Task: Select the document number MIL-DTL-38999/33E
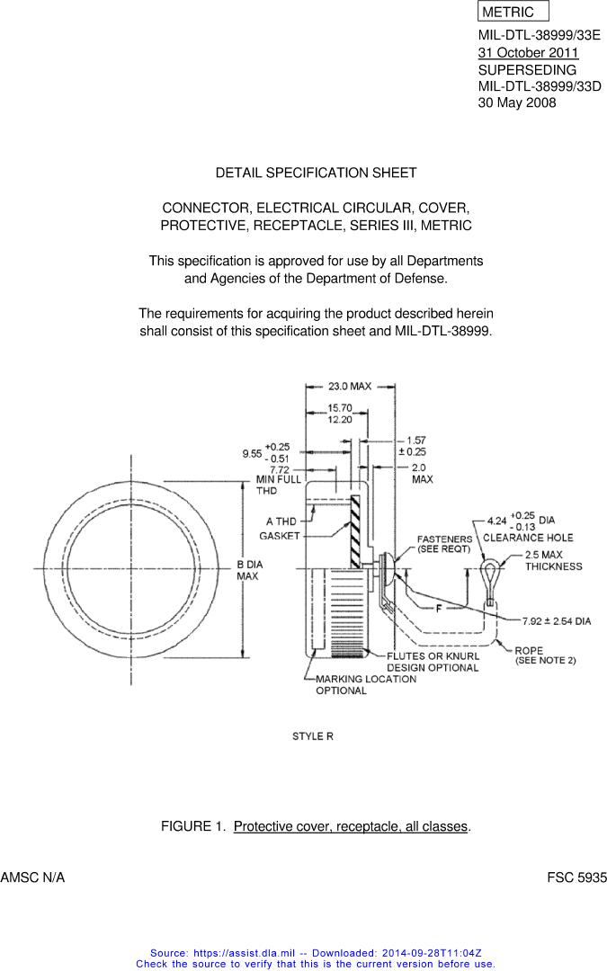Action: pyautogui.click(x=539, y=36)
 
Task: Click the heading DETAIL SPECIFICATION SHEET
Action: pyautogui.click(x=316, y=173)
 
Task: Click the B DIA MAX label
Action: pyautogui.click(x=247, y=569)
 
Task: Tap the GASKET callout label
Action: pyautogui.click(x=279, y=536)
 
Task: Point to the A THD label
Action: pyautogui.click(x=281, y=521)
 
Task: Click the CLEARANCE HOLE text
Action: pyautogui.click(x=528, y=538)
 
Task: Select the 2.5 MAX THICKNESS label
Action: pyautogui.click(x=553, y=560)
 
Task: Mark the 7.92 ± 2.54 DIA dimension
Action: pyautogui.click(x=557, y=621)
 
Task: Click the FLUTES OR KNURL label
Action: pyautogui.click(x=433, y=656)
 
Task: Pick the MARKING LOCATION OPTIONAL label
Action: pyautogui.click(x=365, y=684)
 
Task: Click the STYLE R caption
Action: pyautogui.click(x=313, y=736)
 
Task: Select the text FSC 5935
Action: pyautogui.click(x=576, y=876)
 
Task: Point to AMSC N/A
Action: pyautogui.click(x=33, y=876)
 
